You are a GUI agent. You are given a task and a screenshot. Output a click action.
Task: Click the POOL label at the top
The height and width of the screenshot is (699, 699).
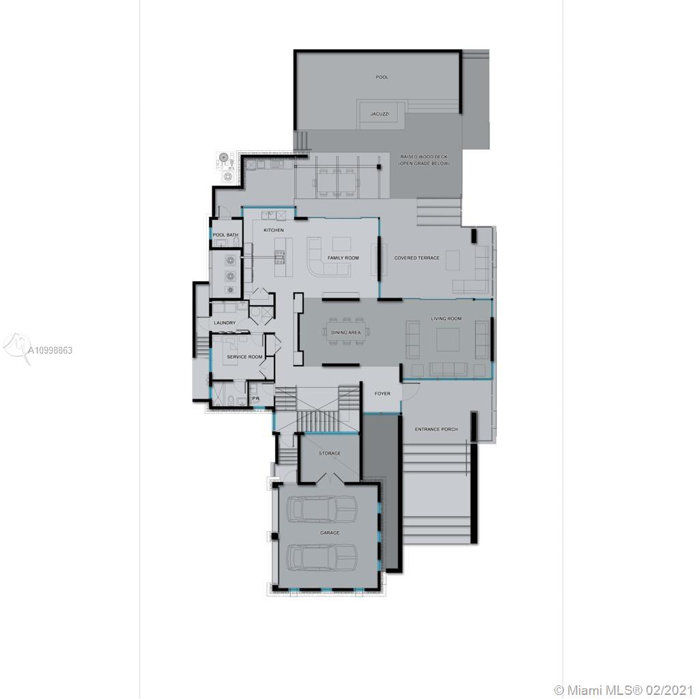click(x=382, y=77)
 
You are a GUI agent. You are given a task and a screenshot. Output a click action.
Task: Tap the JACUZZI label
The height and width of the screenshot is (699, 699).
click(x=380, y=114)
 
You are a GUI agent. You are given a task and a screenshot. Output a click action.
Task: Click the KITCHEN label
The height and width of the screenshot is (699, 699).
click(x=274, y=230)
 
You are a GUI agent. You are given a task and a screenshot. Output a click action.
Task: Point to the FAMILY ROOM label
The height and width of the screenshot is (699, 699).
click(x=343, y=258)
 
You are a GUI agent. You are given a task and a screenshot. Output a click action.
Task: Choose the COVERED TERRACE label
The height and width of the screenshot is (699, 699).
click(x=416, y=258)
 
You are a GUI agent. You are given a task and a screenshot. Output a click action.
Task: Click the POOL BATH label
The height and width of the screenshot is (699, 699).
click(x=226, y=235)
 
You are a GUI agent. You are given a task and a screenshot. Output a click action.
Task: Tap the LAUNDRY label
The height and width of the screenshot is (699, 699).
click(x=225, y=323)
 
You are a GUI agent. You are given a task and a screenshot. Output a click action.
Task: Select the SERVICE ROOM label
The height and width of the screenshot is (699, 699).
click(x=244, y=357)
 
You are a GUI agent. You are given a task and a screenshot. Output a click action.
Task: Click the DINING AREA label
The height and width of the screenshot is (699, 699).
click(x=345, y=332)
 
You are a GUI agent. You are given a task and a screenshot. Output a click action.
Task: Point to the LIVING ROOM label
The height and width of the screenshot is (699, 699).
click(x=446, y=319)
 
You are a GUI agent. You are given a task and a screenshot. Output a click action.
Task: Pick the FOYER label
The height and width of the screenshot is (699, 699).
click(x=382, y=394)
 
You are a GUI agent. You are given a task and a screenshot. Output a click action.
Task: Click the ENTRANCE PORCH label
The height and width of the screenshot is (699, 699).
click(x=436, y=429)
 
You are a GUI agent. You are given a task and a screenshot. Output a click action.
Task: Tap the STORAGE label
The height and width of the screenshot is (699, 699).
click(x=330, y=453)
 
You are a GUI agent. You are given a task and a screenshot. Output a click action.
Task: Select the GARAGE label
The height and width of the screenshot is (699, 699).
click(x=330, y=532)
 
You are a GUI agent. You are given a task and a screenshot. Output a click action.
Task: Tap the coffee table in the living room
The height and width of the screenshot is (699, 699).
click(x=448, y=339)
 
